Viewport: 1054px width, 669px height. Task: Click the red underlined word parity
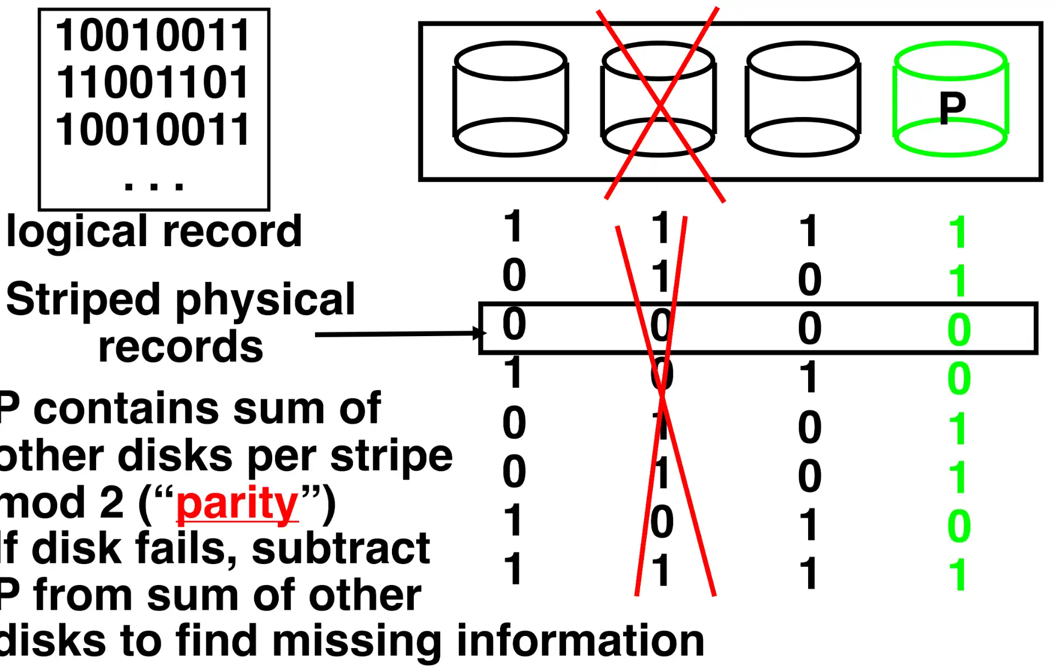(237, 504)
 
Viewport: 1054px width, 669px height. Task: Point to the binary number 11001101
(153, 82)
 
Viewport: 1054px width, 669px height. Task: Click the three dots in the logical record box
(154, 186)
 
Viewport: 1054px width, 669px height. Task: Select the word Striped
(82, 299)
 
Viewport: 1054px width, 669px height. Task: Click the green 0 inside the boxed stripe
(958, 330)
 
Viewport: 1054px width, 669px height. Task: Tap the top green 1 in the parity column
(958, 232)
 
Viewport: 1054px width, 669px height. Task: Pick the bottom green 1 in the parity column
(958, 575)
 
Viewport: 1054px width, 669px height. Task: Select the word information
(580, 640)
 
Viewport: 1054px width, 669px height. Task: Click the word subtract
(340, 548)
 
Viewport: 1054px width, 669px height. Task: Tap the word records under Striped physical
(181, 347)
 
